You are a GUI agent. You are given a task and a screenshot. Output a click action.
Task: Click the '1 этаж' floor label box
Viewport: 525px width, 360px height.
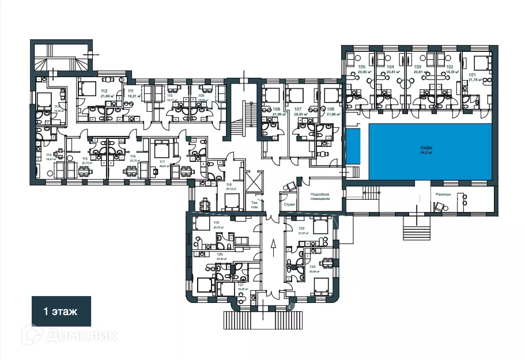61,311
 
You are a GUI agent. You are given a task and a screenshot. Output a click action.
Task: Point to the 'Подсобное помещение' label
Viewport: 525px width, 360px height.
320,197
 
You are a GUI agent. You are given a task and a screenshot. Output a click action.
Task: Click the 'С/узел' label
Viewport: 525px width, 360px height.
288,204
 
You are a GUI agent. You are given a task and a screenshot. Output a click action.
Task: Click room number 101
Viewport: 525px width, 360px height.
473,74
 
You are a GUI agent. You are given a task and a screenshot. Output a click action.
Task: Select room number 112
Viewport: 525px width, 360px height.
104,91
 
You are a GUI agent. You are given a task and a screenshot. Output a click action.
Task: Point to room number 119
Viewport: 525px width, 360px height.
201,222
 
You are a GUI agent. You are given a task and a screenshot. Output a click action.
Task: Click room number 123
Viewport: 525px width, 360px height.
301,228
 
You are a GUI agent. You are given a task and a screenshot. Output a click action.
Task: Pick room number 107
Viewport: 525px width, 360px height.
298,109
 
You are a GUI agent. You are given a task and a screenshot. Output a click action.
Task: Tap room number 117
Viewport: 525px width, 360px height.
163,162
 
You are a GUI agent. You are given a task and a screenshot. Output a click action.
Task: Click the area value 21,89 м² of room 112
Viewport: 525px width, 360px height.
104,96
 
